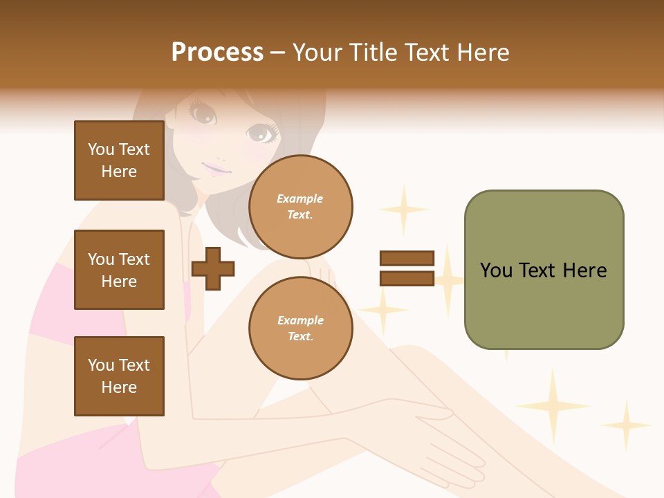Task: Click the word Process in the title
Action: point(217,53)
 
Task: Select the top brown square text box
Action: point(119,160)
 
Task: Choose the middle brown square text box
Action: point(119,270)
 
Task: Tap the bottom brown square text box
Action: point(119,376)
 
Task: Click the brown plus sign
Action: point(213,268)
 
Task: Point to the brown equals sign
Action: point(407,268)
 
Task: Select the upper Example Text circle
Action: point(300,207)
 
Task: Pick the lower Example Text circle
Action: point(300,329)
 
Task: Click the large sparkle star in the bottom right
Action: point(553,405)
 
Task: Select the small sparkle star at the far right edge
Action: point(627,425)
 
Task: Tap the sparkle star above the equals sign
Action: point(403,208)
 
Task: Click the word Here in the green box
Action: point(584,270)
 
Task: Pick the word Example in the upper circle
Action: point(300,199)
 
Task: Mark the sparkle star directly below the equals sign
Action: point(382,309)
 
